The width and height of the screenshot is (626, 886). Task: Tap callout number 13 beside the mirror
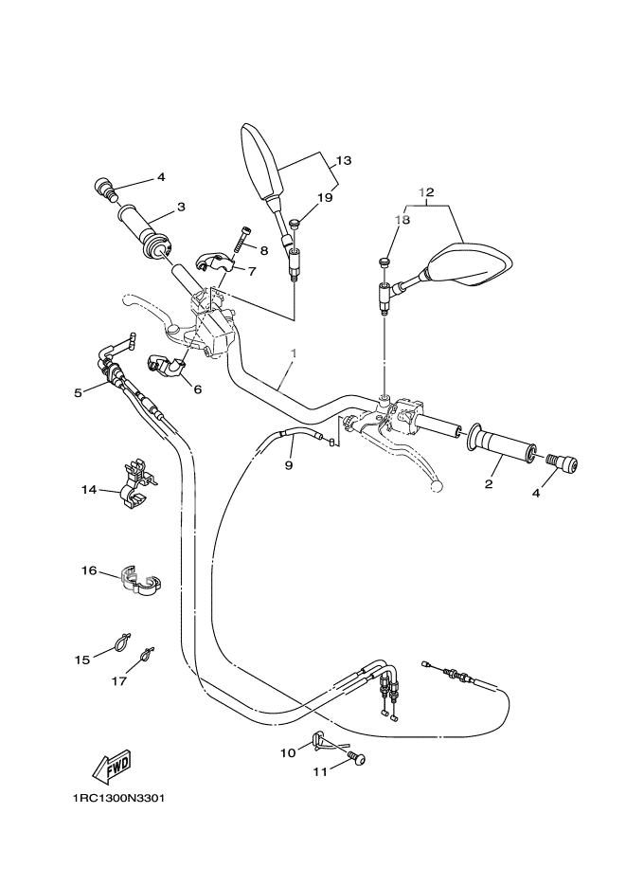(343, 160)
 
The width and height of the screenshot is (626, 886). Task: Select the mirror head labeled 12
(470, 265)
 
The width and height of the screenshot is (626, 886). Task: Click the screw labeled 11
(357, 758)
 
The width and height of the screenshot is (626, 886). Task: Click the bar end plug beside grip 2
(565, 463)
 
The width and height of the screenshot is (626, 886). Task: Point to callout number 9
(290, 465)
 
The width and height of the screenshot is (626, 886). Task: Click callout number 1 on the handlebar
(294, 353)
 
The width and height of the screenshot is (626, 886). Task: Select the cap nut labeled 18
(384, 262)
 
